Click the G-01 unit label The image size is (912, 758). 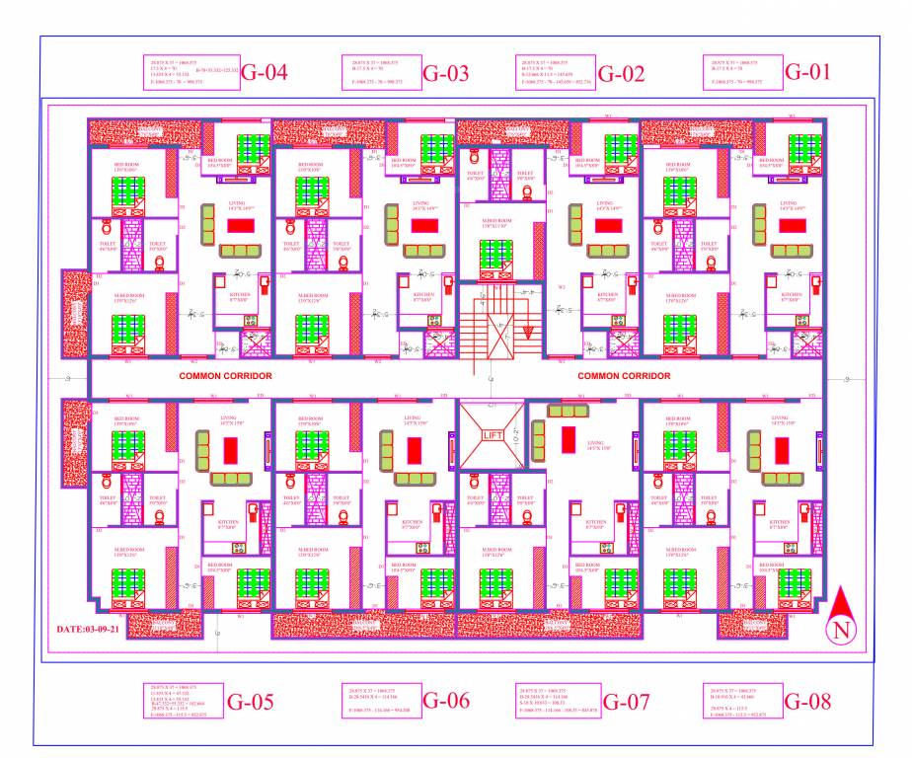pos(808,71)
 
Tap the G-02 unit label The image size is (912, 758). pos(621,73)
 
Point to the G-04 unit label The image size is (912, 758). pos(265,73)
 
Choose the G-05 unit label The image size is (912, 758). pos(251,703)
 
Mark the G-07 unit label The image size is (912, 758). pos(626,703)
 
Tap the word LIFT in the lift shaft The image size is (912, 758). pos(492,434)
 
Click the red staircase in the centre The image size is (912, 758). pos(499,331)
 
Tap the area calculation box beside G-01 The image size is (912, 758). pos(742,73)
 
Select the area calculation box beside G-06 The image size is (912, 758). pos(381,701)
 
